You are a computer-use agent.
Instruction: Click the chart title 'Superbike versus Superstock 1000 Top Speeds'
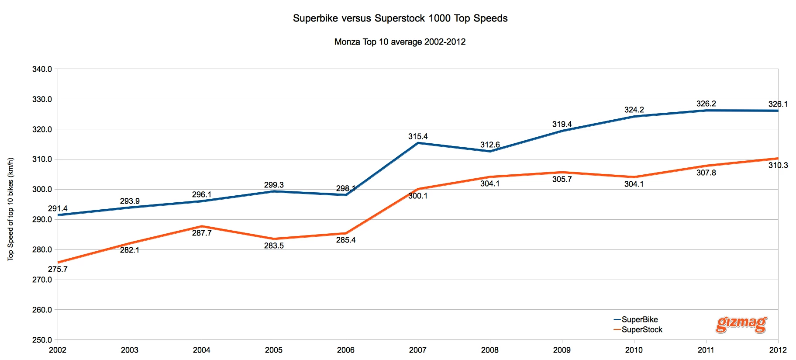point(400,18)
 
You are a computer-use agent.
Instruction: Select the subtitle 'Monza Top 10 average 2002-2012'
point(400,42)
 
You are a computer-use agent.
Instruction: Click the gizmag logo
point(741,324)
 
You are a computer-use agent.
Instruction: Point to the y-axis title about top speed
point(10,209)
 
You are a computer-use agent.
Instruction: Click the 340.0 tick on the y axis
point(42,69)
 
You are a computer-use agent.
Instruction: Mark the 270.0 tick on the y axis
point(42,280)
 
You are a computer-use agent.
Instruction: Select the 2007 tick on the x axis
point(418,350)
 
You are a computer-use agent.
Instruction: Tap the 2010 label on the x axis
point(634,350)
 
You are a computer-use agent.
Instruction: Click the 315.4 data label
point(418,136)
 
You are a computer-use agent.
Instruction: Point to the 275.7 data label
point(58,269)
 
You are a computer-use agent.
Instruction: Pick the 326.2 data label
point(706,104)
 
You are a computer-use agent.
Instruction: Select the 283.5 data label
point(274,246)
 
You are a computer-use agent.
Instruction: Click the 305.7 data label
point(562,179)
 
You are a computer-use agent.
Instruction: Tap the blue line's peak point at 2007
point(418,143)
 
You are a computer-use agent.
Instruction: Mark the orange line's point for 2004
point(202,226)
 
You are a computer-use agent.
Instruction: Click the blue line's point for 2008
point(490,151)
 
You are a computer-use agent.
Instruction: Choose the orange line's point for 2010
point(634,177)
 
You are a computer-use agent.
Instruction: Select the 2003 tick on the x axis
point(130,350)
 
